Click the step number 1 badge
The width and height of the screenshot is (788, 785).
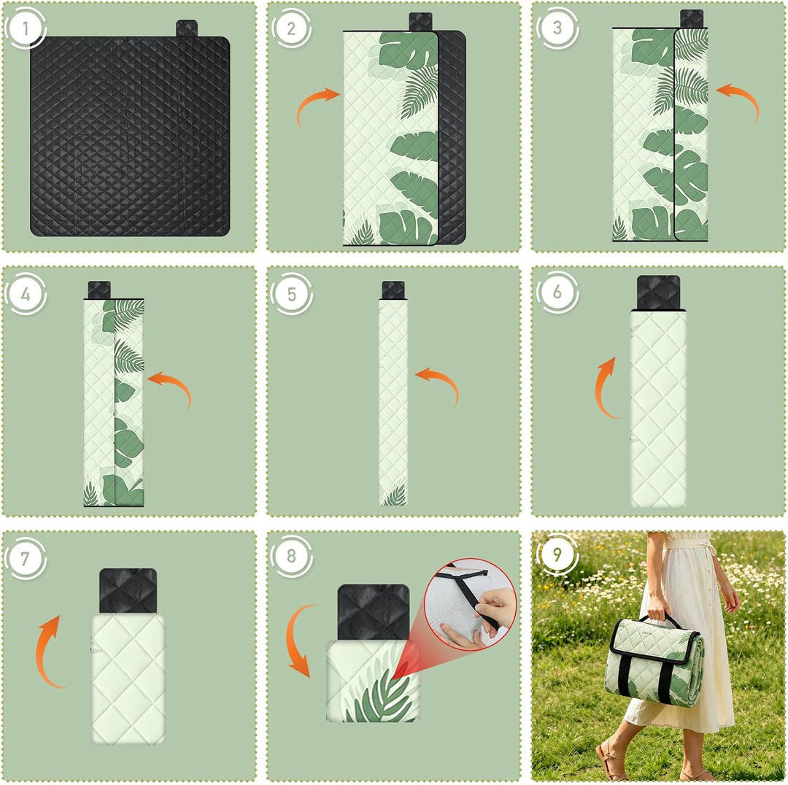[x=25, y=28]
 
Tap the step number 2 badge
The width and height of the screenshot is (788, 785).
[x=291, y=28]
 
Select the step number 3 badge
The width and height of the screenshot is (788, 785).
[x=557, y=28]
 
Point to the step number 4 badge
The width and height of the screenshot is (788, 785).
[x=25, y=294]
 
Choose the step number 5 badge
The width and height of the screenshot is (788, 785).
[x=291, y=294]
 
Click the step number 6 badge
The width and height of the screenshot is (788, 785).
[x=557, y=293]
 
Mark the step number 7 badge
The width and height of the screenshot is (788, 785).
[x=25, y=558]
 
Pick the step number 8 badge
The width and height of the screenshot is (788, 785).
[x=291, y=557]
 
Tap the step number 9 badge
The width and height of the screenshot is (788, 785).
[x=557, y=554]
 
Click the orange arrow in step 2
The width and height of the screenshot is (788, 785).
[x=312, y=100]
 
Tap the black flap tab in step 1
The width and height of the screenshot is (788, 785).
[x=187, y=28]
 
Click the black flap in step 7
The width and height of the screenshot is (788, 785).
[x=128, y=591]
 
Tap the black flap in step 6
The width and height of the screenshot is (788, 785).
[x=658, y=293]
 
